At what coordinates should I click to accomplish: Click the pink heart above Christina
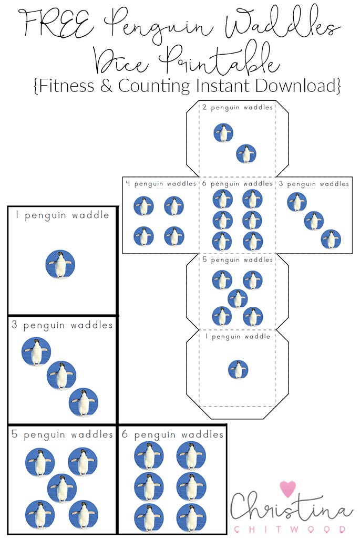pyautogui.click(x=288, y=489)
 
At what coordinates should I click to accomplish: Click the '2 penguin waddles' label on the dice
pyautogui.click(x=238, y=108)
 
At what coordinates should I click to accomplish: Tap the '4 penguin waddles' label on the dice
pyautogui.click(x=160, y=184)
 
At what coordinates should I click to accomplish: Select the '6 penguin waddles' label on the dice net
pyautogui.click(x=238, y=184)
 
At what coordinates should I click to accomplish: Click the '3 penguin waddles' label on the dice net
pyautogui.click(x=314, y=184)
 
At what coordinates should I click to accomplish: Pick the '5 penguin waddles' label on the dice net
pyautogui.click(x=238, y=260)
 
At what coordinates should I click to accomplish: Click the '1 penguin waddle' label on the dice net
pyautogui.click(x=238, y=336)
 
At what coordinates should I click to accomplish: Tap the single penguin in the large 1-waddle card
pyautogui.click(x=60, y=264)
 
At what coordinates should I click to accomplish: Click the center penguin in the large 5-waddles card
pyautogui.click(x=61, y=488)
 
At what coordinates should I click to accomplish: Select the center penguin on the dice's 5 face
pyautogui.click(x=238, y=298)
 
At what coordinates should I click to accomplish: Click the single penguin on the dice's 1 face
pyautogui.click(x=238, y=370)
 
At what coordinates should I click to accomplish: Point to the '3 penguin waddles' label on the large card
pyautogui.click(x=62, y=325)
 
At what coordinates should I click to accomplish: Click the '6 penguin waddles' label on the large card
pyautogui.click(x=172, y=435)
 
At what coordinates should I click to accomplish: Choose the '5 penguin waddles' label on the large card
pyautogui.click(x=62, y=435)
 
